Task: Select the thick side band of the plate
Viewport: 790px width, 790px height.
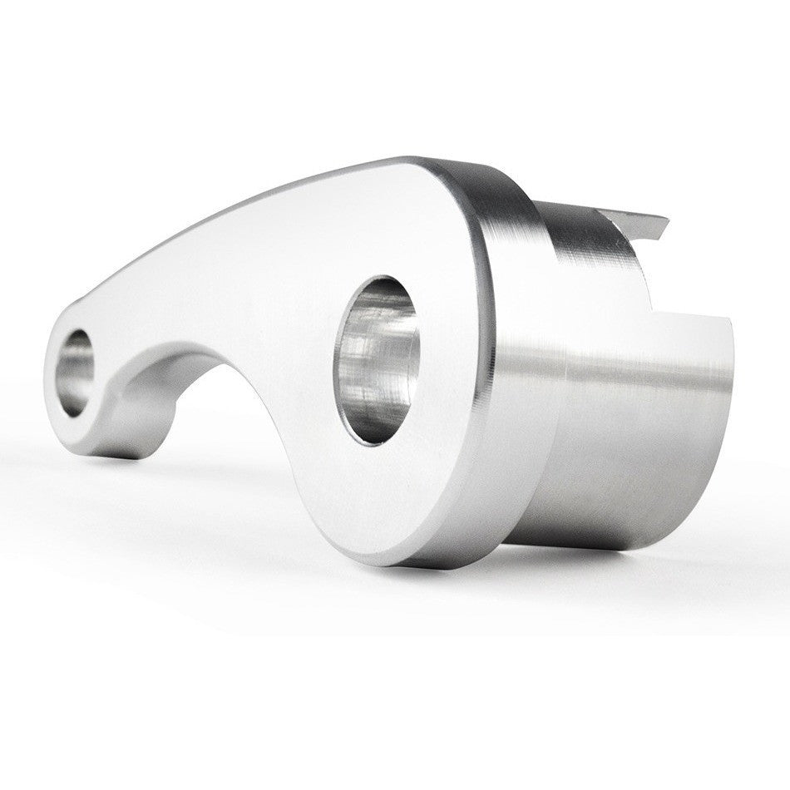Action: pyautogui.click(x=499, y=374)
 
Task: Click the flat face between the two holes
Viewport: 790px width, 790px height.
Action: pyautogui.click(x=249, y=274)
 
